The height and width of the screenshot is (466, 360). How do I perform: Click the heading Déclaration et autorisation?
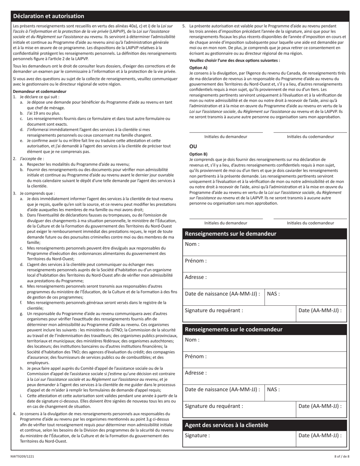(x=49, y=16)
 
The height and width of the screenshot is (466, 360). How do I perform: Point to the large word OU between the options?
(x=193, y=147)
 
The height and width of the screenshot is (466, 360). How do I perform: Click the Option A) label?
(x=198, y=67)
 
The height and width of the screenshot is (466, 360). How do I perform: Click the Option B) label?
(x=198, y=154)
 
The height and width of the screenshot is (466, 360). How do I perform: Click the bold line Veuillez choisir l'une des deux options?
(x=235, y=60)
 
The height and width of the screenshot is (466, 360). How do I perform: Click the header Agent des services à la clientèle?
(x=226, y=425)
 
